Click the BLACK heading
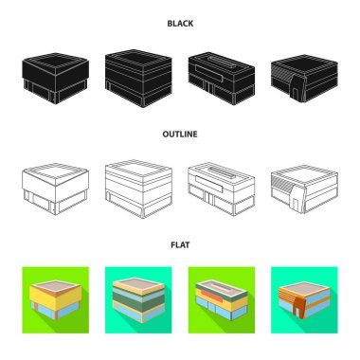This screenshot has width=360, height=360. tap(180, 24)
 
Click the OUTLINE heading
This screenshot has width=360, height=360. tap(180, 135)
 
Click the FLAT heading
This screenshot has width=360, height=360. tap(180, 245)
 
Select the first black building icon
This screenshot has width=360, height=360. tap(55, 78)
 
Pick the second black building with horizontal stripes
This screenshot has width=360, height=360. tap(138, 78)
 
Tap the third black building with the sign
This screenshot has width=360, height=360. tap(222, 78)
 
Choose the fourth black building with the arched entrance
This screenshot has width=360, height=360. tap(304, 78)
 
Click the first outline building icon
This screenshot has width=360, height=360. tap(55, 189)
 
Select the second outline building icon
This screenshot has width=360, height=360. tap(138, 189)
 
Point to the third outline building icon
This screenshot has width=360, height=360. tap(222, 189)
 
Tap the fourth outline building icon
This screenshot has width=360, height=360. tap(304, 189)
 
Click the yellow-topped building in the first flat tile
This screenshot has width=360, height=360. tap(56, 300)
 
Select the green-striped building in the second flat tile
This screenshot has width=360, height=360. tap(138, 300)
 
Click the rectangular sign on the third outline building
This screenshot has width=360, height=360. tap(209, 184)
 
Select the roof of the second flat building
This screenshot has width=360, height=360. tap(138, 284)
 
